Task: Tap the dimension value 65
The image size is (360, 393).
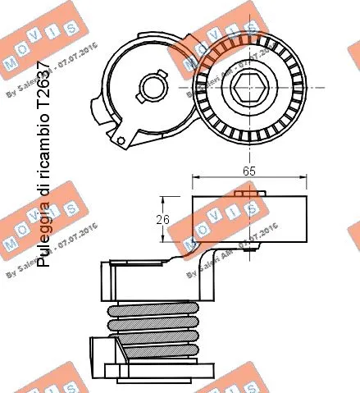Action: [x=249, y=171]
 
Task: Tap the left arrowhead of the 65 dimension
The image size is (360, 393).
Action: [x=195, y=178]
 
